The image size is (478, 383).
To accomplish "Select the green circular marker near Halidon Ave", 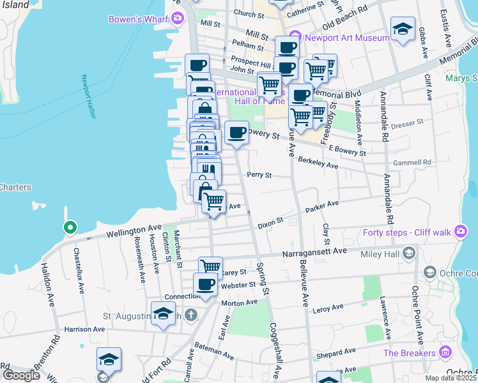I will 70,227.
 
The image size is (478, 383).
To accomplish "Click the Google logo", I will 21,375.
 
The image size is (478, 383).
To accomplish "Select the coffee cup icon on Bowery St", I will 236,133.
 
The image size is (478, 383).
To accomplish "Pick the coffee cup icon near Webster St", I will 204,284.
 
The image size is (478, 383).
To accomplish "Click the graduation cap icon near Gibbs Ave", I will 403,29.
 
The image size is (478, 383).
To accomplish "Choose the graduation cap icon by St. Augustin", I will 163,313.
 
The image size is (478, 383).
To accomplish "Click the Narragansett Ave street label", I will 314,251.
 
